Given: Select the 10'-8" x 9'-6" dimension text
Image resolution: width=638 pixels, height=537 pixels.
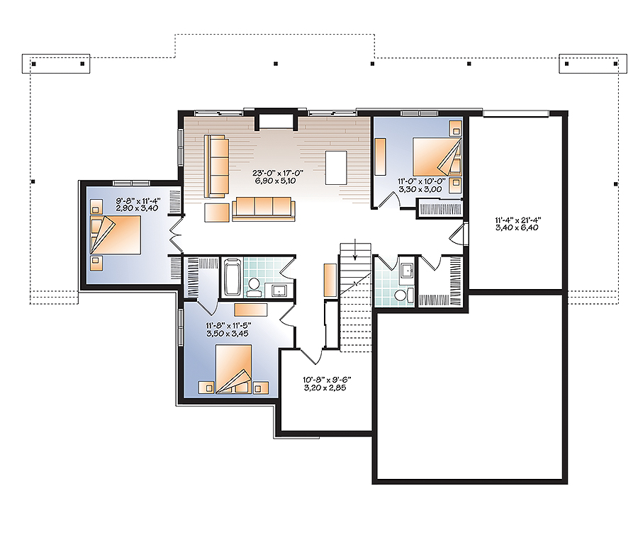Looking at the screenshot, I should click(x=326, y=383).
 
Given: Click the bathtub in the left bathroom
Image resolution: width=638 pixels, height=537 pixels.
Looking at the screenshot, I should click(x=232, y=277).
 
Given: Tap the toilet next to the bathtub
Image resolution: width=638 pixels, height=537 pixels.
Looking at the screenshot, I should click(x=254, y=286).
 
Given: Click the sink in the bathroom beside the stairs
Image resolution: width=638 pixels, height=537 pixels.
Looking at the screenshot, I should click(x=407, y=270).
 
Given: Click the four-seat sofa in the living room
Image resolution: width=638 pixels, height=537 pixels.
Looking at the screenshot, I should click(x=263, y=206).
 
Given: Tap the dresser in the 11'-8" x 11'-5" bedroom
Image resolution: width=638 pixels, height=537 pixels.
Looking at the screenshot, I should click(x=251, y=309).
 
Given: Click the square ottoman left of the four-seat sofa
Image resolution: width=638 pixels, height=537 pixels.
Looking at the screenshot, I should click(x=217, y=211).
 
